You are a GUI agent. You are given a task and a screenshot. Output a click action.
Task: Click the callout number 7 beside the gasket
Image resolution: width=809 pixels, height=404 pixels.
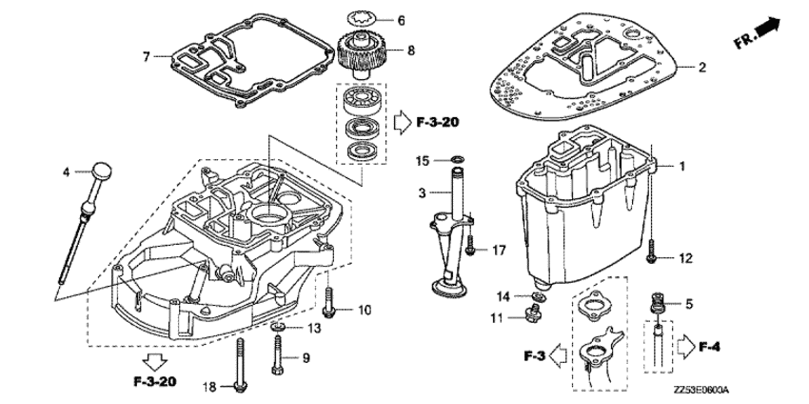[x=147, y=57]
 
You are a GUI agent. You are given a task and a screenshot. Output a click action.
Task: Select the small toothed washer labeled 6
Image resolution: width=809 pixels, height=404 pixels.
[x=360, y=19]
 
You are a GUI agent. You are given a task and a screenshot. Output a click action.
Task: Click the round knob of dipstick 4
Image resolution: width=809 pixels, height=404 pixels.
[x=102, y=171]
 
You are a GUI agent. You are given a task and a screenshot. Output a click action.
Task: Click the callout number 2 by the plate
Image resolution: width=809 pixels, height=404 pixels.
[x=701, y=67]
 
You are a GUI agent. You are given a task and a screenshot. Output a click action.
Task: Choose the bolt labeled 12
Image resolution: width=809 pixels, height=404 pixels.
[x=652, y=252]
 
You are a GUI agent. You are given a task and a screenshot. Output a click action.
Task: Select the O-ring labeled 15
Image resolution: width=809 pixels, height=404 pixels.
[x=457, y=157]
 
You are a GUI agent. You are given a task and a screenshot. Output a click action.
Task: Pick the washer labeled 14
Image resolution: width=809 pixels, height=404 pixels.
[x=537, y=296]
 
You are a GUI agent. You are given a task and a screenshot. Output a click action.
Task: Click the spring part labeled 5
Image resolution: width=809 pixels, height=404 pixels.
[x=658, y=303]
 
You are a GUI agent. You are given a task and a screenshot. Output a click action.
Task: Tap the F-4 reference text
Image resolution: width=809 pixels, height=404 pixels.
[x=709, y=347]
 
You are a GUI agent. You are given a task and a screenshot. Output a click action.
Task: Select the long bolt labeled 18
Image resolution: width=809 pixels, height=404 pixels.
[x=240, y=365]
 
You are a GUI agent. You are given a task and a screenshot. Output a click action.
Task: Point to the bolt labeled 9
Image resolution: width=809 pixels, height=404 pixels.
[x=278, y=353]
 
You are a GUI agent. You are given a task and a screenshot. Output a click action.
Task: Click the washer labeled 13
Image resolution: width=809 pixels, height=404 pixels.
[x=277, y=326]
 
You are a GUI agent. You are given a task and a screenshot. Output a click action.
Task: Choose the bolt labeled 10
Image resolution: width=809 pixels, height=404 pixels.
[x=328, y=303]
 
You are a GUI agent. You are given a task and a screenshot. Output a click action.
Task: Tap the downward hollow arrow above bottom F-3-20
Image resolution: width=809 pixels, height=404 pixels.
[x=155, y=362]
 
